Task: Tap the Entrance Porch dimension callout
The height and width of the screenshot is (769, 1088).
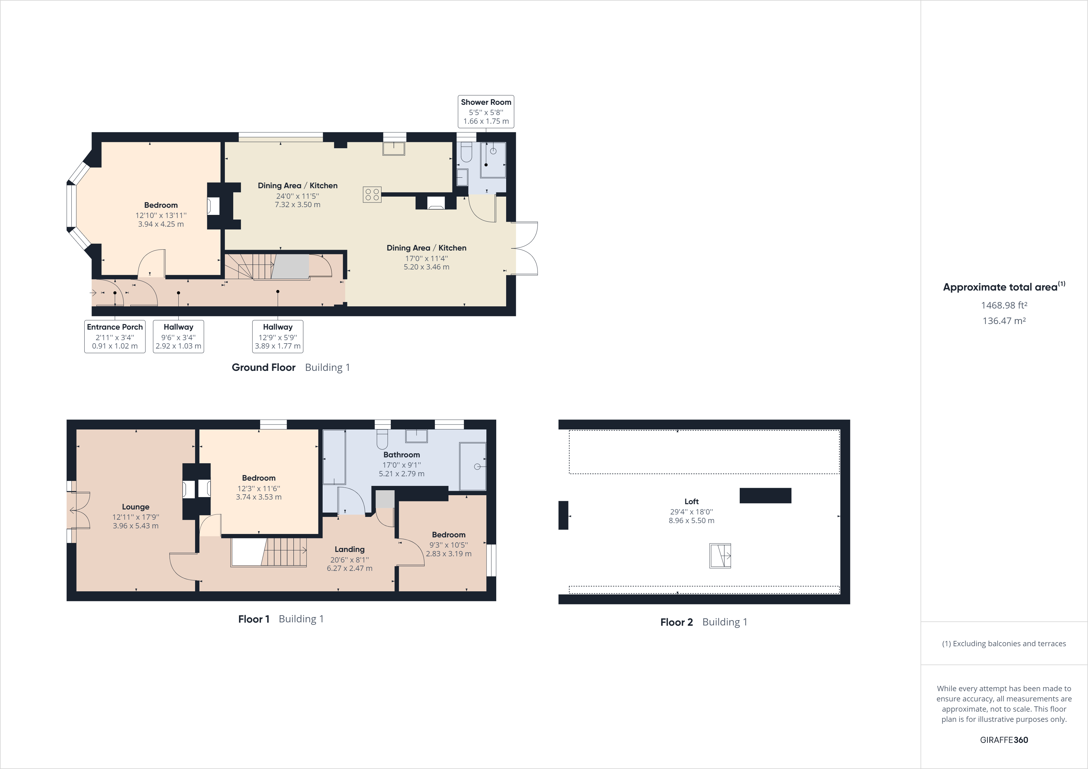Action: (115, 336)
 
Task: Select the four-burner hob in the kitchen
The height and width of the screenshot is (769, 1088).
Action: (372, 194)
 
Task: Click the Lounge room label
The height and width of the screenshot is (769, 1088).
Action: (136, 507)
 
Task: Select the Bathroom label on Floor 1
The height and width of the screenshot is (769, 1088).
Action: (401, 455)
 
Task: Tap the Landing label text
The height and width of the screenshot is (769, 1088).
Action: (349, 550)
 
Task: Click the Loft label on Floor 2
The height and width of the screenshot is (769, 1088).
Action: (691, 501)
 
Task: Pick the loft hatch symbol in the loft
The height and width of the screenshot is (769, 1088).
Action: (720, 555)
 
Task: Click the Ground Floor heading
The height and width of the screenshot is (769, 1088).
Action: (263, 368)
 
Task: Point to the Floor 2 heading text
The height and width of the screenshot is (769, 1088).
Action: (676, 622)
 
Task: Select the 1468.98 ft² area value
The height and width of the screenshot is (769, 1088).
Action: (1004, 306)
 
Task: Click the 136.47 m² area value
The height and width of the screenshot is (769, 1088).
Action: (1004, 321)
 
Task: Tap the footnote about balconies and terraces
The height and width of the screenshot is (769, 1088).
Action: (1004, 643)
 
